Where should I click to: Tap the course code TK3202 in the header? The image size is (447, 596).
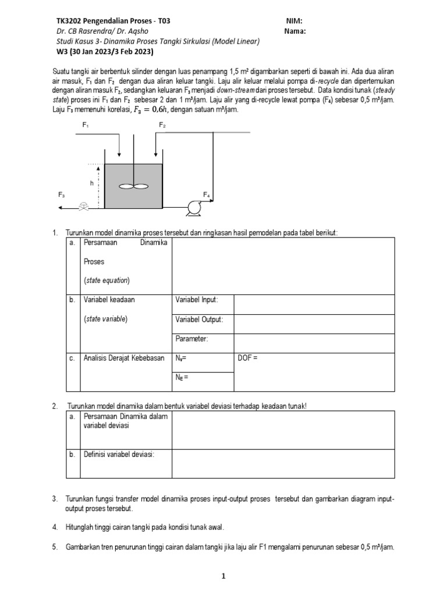[68, 20]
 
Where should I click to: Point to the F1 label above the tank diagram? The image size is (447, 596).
[85, 125]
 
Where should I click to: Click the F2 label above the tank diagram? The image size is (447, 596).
[162, 125]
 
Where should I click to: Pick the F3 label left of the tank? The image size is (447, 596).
[62, 195]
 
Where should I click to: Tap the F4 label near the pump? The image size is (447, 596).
[206, 194]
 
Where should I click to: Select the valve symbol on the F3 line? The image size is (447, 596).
[85, 206]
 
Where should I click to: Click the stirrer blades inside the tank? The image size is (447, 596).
[134, 186]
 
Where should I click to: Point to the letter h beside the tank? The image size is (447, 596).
[91, 183]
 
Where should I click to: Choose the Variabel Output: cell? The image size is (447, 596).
[199, 320]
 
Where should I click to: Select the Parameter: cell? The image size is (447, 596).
[191, 339]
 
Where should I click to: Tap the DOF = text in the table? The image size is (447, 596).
[247, 358]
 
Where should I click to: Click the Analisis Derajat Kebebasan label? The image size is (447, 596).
[124, 358]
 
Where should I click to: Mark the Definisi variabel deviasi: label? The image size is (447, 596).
[119, 454]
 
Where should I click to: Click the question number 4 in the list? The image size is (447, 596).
[54, 527]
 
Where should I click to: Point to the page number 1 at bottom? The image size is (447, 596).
[223, 576]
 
